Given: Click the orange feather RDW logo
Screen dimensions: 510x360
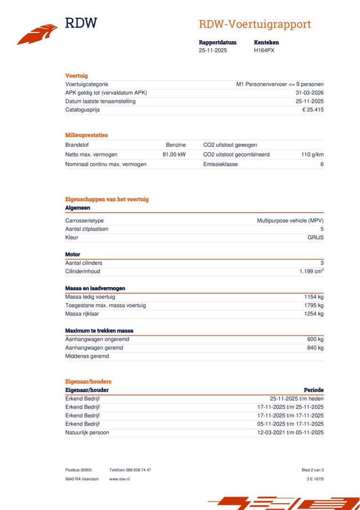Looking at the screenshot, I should pos(38,34).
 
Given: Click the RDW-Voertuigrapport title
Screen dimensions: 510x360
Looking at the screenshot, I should pos(255,25).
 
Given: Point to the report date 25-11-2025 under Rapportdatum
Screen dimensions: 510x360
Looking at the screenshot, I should pos(213,51).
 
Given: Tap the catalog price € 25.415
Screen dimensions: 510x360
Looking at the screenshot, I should pos(313,110).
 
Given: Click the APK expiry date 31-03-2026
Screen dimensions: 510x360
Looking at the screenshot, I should pos(310,93).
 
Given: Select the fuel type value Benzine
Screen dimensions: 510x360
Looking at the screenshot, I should pos(176,145).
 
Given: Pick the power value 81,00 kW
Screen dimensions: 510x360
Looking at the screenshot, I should pos(174,154).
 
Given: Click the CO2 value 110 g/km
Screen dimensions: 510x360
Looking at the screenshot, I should pos(312,154).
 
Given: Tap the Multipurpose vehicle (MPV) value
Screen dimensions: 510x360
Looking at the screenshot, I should pos(290,221).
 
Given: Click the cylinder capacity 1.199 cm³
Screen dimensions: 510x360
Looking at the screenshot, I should pos(311,272).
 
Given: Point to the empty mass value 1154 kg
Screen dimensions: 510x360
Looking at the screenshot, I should pos(314,297).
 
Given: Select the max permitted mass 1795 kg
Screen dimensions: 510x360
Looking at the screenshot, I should pos(314,306).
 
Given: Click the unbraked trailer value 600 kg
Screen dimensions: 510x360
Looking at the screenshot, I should pos(315,340).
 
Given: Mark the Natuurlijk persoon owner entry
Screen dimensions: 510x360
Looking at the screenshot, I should pos(87,433).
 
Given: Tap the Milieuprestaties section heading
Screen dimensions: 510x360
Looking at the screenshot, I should pos(86,135).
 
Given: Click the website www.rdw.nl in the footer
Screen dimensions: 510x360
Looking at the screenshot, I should pos(119,479).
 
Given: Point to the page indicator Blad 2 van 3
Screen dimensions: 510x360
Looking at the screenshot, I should pos(312,470).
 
